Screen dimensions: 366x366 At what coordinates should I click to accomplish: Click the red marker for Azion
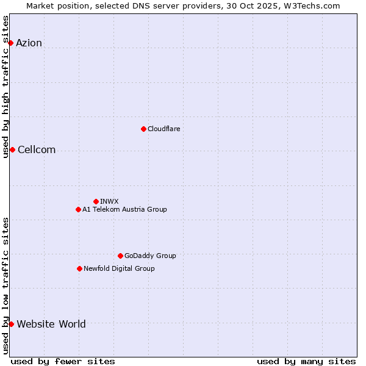click(x=10, y=43)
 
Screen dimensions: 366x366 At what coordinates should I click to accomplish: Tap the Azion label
click(x=29, y=43)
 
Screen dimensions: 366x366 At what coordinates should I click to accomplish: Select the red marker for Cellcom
click(x=12, y=150)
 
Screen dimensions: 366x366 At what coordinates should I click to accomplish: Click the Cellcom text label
click(x=37, y=150)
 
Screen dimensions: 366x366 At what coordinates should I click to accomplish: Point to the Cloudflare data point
click(x=143, y=129)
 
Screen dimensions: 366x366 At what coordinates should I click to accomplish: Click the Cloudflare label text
click(x=163, y=129)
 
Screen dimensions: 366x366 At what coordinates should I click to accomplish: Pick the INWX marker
click(x=96, y=201)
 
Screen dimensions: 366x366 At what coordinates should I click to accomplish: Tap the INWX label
click(x=109, y=201)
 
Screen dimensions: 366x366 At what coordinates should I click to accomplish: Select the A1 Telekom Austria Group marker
click(x=78, y=209)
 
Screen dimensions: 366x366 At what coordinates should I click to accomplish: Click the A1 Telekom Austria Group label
click(x=124, y=209)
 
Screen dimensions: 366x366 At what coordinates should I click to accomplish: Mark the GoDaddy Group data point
click(x=120, y=256)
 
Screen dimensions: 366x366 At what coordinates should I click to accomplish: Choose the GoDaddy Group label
click(x=150, y=256)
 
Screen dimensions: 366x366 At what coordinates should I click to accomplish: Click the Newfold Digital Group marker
click(x=79, y=268)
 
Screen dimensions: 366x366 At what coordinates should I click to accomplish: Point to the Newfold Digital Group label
click(x=119, y=268)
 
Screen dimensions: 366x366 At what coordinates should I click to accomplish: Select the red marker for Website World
click(x=11, y=324)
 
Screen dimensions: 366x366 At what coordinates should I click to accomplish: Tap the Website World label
click(x=51, y=324)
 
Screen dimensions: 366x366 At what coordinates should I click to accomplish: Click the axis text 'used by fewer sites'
click(x=63, y=361)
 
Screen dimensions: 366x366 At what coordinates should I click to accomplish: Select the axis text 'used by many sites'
click(x=306, y=361)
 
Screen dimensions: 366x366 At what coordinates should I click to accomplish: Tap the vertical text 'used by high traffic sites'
click(x=5, y=87)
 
